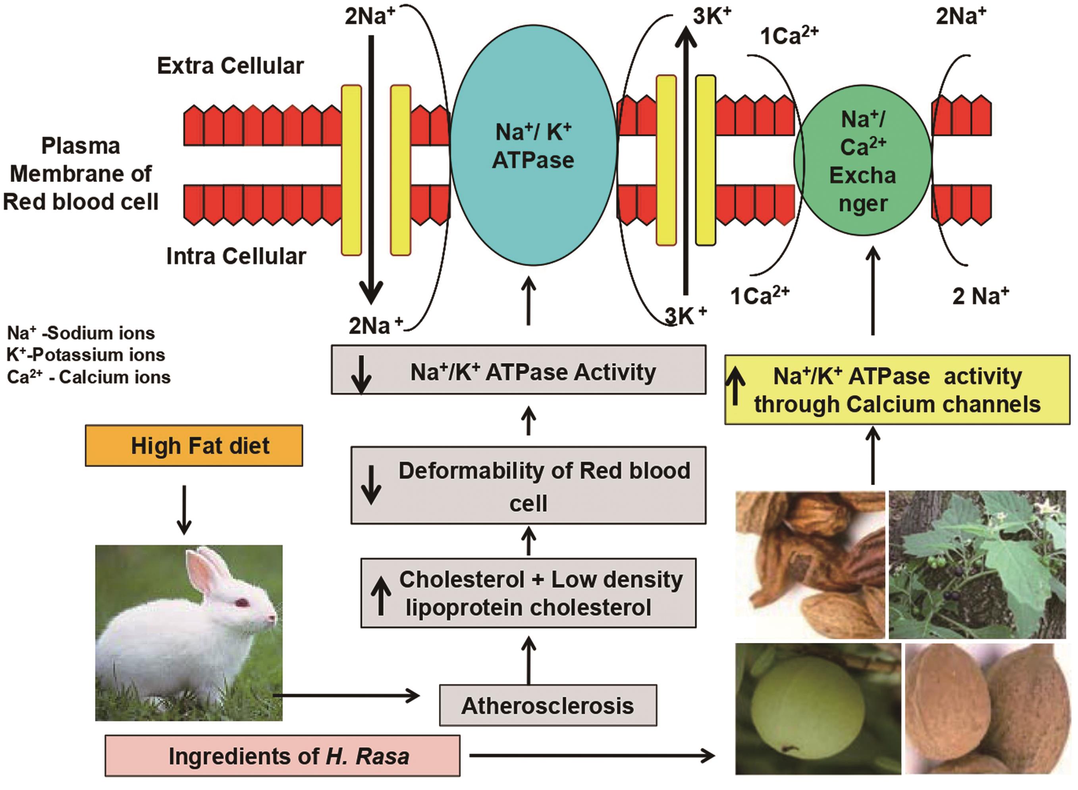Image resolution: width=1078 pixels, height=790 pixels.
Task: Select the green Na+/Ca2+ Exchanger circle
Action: (x=863, y=160)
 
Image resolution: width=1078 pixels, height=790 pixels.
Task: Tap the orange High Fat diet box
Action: (x=194, y=446)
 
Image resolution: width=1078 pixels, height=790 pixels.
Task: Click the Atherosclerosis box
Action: (x=548, y=706)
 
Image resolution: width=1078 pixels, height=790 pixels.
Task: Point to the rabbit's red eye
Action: (x=242, y=602)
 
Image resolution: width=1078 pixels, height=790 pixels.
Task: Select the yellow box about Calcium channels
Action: (x=897, y=390)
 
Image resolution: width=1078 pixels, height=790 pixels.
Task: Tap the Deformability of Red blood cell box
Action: (x=528, y=486)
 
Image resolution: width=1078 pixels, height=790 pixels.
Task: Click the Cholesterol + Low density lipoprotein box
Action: (x=528, y=593)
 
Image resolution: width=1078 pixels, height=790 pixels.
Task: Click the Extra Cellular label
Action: (x=230, y=66)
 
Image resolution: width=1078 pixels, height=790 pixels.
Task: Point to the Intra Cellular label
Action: (x=236, y=256)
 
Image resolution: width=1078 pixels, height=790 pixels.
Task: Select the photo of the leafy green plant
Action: (x=977, y=564)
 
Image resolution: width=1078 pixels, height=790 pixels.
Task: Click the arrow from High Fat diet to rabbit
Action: (x=184, y=509)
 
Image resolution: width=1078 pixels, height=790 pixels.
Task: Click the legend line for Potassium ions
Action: (x=86, y=355)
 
